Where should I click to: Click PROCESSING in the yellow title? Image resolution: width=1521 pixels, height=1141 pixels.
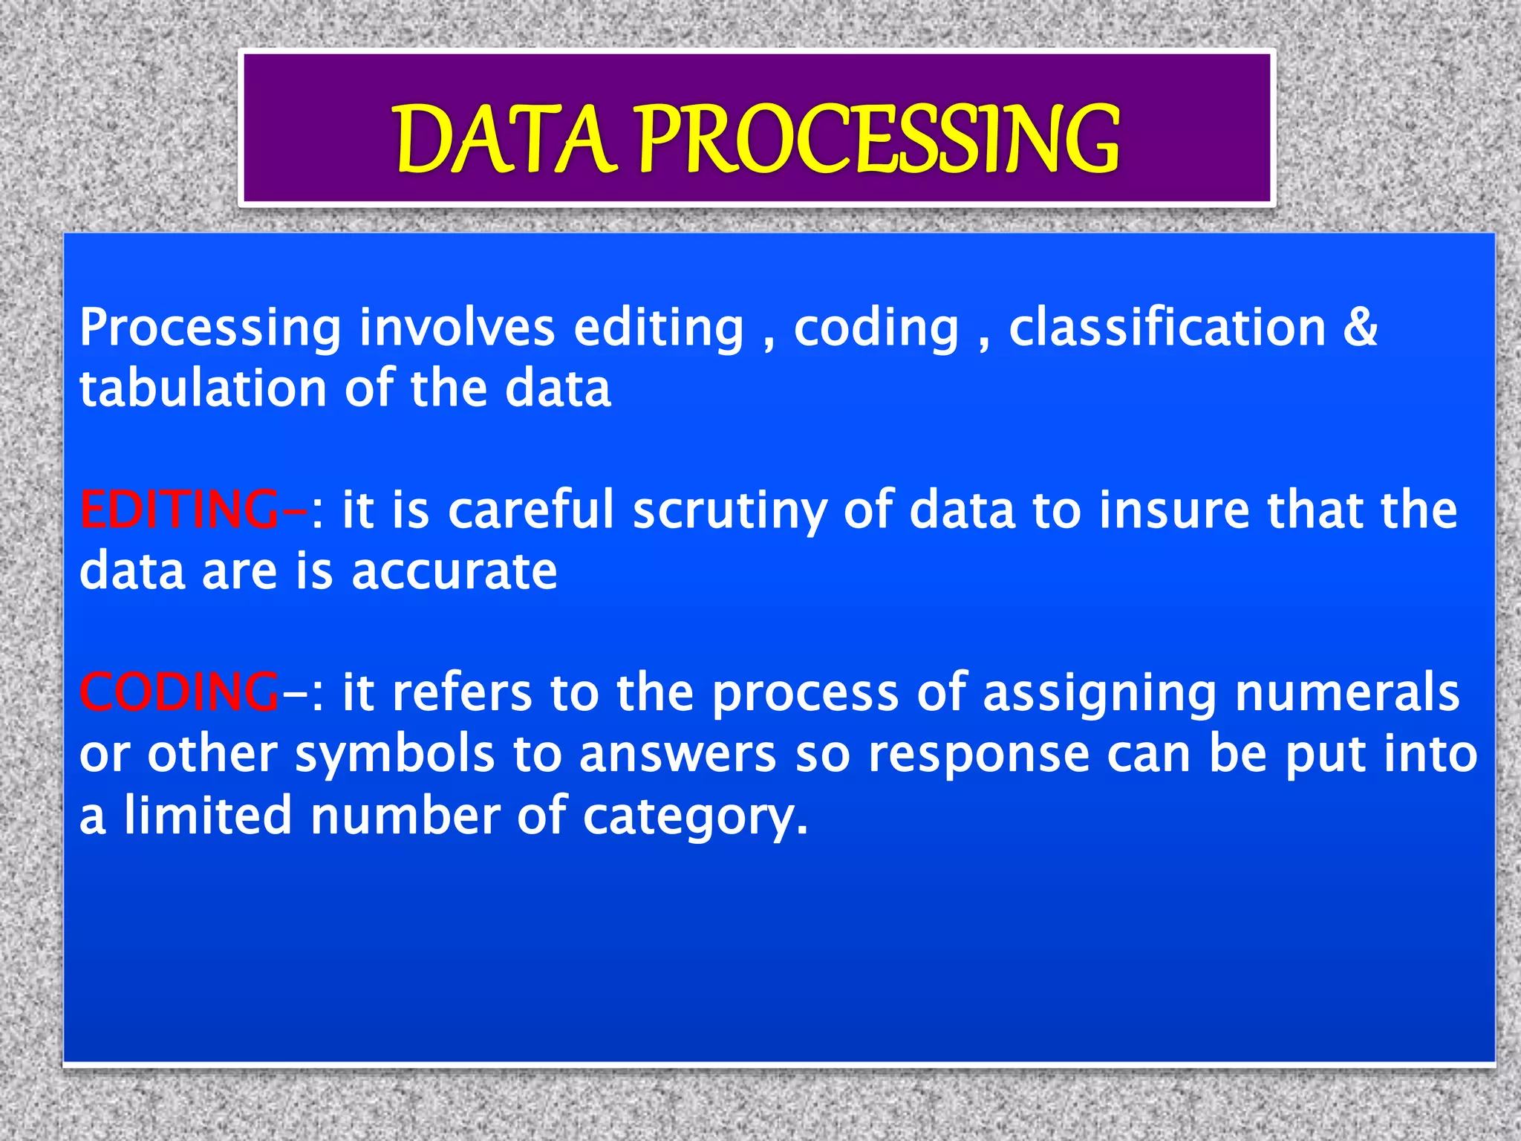pos(878,140)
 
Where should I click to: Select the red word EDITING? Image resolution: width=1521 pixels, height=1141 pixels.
pos(179,510)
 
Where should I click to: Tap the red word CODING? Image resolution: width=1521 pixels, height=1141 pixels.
pos(179,692)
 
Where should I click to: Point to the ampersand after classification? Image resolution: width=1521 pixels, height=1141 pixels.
pos(1360,327)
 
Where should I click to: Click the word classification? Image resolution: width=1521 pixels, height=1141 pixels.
pos(1167,327)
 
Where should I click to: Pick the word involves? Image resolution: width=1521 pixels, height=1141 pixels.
pos(457,327)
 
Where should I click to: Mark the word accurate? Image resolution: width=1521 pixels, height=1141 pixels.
pos(454,572)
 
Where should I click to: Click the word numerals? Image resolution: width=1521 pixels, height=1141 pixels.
pos(1347,692)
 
